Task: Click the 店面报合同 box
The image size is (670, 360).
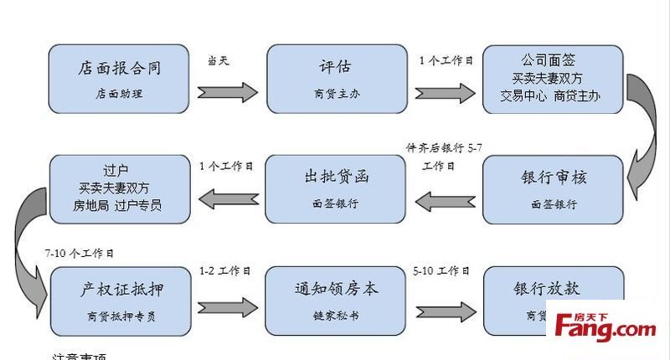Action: pos(118,79)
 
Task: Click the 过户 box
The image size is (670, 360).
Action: pos(117,189)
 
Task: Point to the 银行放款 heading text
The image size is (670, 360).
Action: pos(546,289)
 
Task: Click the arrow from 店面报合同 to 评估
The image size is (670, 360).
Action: pos(227,90)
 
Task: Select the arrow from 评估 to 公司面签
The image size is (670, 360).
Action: pos(445,90)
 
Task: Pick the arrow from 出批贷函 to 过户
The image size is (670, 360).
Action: pos(227,200)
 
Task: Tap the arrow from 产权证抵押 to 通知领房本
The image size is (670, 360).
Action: pos(227,305)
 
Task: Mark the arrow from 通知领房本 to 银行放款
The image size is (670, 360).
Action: pos(445,305)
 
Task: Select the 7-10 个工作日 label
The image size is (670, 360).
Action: pos(80,252)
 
